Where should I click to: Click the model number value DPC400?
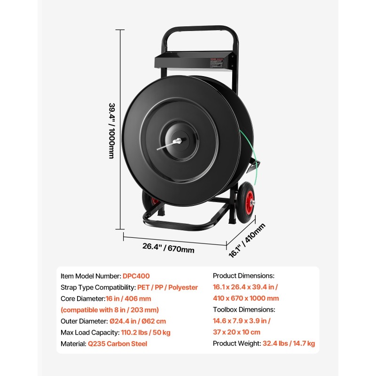coord(136,276)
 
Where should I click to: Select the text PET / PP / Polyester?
coord(167,287)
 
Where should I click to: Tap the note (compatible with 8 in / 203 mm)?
coord(110,310)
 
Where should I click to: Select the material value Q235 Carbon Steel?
coord(117,344)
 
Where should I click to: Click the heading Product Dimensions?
coord(243,276)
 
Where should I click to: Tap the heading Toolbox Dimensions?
coord(244,310)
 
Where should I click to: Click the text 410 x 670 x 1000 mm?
coord(246,298)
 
